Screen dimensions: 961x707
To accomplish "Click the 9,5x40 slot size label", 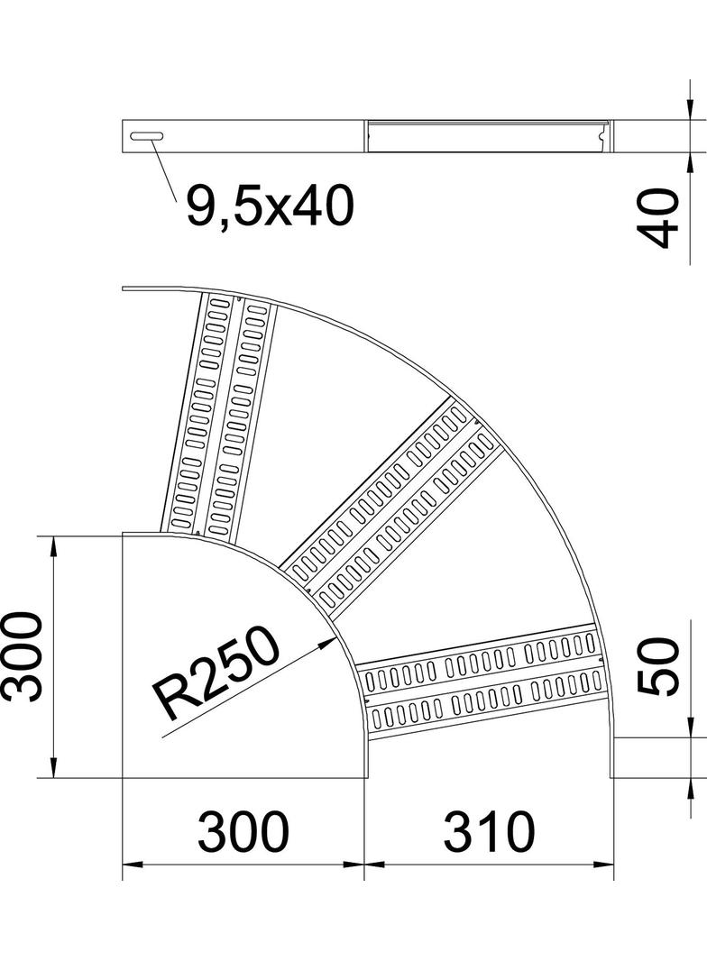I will pyautogui.click(x=269, y=208).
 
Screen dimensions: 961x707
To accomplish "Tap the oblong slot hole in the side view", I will pyautogui.click(x=148, y=135).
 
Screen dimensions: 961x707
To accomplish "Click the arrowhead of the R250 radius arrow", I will pyautogui.click(x=326, y=642).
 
